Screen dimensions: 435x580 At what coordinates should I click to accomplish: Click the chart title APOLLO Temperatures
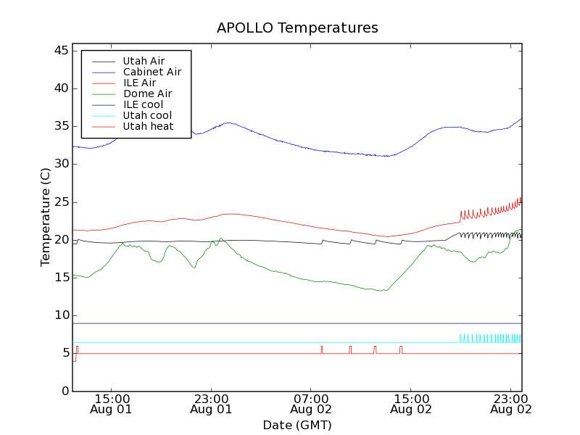pyautogui.click(x=297, y=28)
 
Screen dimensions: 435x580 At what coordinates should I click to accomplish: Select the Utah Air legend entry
pyautogui.click(x=142, y=61)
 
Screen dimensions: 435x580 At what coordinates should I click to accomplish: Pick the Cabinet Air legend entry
pyautogui.click(x=152, y=72)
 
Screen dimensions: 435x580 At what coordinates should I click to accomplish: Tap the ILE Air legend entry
pyautogui.click(x=139, y=83)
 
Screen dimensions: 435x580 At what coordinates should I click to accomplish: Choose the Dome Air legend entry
pyautogui.click(x=147, y=94)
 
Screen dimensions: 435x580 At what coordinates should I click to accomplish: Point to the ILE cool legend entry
pyautogui.click(x=143, y=104)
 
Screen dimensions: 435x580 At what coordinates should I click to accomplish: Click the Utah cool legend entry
pyautogui.click(x=147, y=115)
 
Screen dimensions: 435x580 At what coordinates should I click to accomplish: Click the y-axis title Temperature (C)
pyautogui.click(x=46, y=217)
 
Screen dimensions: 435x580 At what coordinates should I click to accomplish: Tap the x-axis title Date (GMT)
pyautogui.click(x=297, y=425)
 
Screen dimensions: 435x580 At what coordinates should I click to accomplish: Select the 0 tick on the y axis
pyautogui.click(x=64, y=391)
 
